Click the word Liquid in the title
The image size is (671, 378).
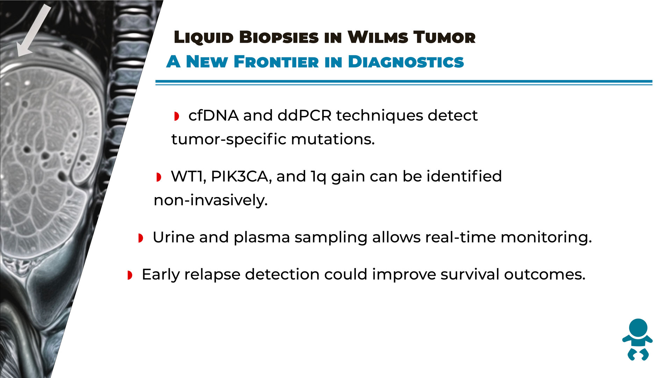pyautogui.click(x=204, y=37)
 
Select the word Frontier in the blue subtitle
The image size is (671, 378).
pyautogui.click(x=276, y=62)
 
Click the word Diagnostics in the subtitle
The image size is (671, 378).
pyautogui.click(x=406, y=62)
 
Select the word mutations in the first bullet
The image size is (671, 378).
pyautogui.click(x=333, y=139)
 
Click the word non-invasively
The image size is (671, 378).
pyautogui.click(x=211, y=200)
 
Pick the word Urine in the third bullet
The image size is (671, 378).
pyautogui.click(x=174, y=237)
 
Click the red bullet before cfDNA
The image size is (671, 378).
pyautogui.click(x=176, y=116)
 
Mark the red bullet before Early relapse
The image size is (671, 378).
pyautogui.click(x=130, y=275)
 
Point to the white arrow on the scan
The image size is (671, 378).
pyautogui.click(x=34, y=30)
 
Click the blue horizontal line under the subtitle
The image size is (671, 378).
pyautogui.click(x=404, y=83)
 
